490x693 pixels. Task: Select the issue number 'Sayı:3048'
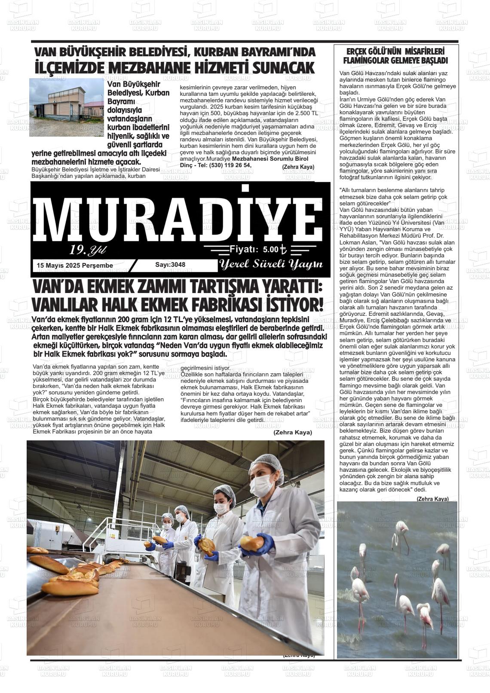170,265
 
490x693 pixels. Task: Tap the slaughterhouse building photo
66,107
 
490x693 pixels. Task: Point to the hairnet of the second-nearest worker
224,490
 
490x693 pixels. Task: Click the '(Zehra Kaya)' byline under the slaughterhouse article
298,167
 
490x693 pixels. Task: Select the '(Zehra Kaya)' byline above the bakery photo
292,432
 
